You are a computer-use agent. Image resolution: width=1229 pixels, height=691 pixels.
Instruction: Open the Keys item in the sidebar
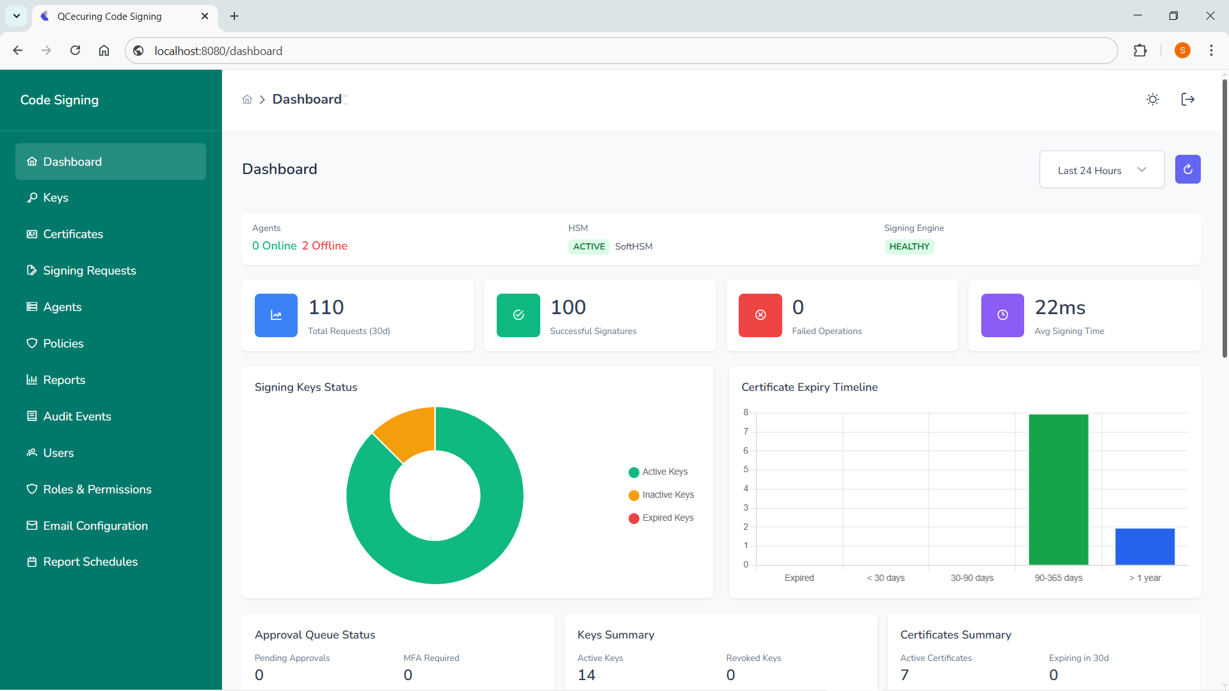point(56,198)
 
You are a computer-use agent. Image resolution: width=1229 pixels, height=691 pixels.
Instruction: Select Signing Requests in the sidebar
point(89,271)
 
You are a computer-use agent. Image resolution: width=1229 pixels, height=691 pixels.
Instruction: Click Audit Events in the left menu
point(77,417)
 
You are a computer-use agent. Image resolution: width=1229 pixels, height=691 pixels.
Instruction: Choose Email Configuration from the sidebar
point(95,526)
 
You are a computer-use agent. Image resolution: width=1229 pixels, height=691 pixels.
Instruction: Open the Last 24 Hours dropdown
point(1101,170)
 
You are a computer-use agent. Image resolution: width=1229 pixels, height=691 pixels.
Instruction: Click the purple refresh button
point(1187,170)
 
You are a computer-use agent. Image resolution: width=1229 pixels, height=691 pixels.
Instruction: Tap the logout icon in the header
point(1187,99)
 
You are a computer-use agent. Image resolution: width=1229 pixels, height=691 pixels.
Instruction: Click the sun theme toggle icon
point(1152,99)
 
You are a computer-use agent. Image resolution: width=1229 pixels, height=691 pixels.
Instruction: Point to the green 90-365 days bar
point(1058,489)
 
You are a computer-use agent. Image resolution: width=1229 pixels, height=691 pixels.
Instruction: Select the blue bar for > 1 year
point(1145,546)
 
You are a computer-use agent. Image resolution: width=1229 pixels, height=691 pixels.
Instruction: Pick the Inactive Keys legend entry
point(667,495)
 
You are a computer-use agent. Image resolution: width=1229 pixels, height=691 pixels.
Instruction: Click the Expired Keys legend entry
point(667,518)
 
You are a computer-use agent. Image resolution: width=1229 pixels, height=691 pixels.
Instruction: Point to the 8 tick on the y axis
point(746,413)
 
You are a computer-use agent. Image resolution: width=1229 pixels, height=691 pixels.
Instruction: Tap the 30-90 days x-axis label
point(972,578)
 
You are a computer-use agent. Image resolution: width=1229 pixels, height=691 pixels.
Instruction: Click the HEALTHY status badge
point(909,246)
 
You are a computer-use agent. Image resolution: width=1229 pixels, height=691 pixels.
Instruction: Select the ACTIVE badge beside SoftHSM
point(588,246)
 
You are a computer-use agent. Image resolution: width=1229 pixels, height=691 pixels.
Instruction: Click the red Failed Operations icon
point(760,315)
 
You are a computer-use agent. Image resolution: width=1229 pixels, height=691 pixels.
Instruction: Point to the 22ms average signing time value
point(1060,308)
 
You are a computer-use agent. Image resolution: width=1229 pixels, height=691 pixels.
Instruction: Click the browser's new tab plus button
point(234,16)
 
